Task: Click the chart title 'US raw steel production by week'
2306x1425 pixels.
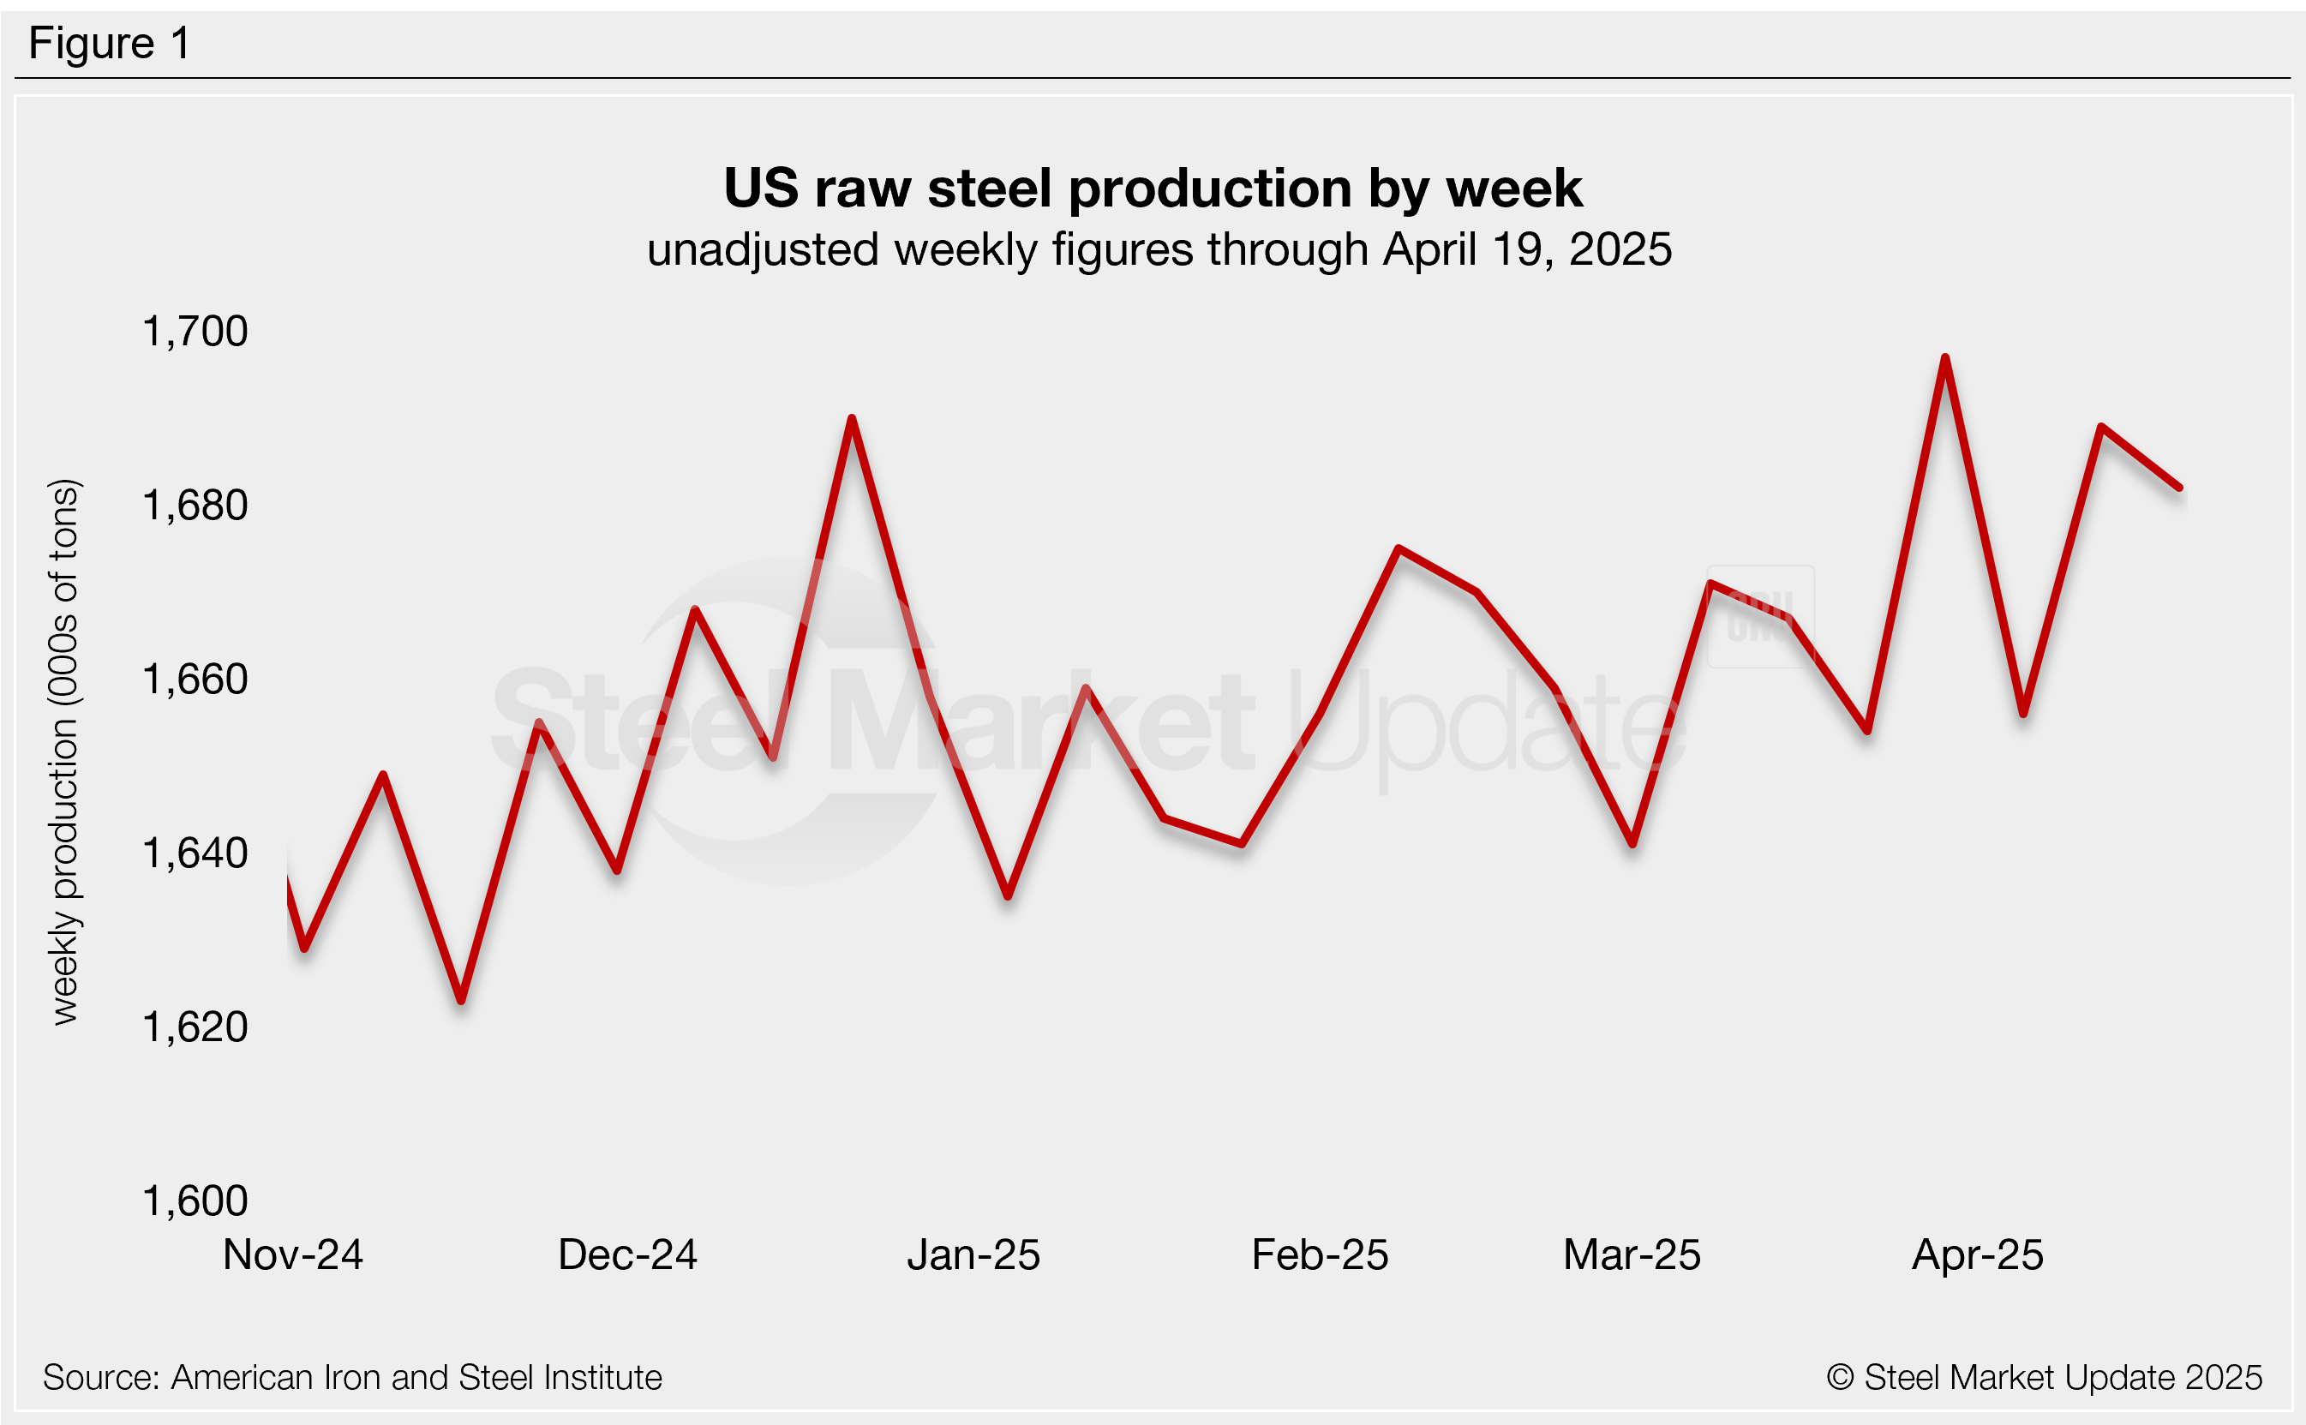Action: coord(1153,189)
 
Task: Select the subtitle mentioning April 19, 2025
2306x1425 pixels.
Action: coord(1159,249)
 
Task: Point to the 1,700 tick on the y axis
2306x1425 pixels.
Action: coord(195,332)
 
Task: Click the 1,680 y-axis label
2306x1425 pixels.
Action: coord(195,506)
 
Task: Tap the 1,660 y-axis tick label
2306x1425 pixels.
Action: coord(195,680)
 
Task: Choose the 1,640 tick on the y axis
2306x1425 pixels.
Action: coord(195,853)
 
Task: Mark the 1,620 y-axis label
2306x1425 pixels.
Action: coord(195,1027)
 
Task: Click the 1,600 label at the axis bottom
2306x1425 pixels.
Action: coord(195,1201)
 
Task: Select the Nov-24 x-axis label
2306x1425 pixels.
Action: coord(292,1255)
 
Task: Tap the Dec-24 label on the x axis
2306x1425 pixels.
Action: coord(627,1255)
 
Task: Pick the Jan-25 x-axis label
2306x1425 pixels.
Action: coord(973,1255)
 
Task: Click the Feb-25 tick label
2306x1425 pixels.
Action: coord(1320,1255)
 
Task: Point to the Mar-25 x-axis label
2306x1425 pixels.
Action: coord(1632,1255)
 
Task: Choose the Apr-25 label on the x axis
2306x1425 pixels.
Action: coord(1977,1255)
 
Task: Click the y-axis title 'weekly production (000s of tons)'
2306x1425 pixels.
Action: coord(64,752)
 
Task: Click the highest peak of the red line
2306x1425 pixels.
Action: coord(1945,358)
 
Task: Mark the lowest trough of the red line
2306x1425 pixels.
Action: coord(461,1000)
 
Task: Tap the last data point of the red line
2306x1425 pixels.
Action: coord(2179,488)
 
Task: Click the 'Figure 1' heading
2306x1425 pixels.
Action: coord(110,44)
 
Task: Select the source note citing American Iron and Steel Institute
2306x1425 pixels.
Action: coord(352,1378)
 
